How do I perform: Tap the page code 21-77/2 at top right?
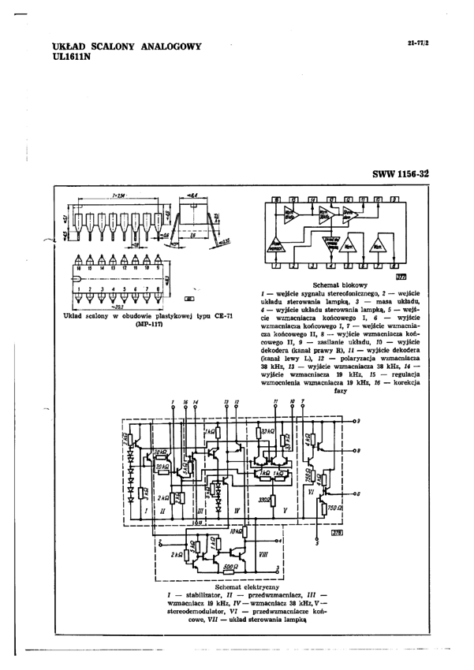click(x=417, y=43)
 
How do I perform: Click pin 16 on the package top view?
click(x=80, y=269)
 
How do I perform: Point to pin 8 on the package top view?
click(x=161, y=289)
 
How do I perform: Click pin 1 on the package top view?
click(x=80, y=289)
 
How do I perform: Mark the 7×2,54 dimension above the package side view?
click(x=121, y=194)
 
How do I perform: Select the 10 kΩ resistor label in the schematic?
click(x=236, y=533)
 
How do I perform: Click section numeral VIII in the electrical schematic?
click(x=263, y=556)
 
